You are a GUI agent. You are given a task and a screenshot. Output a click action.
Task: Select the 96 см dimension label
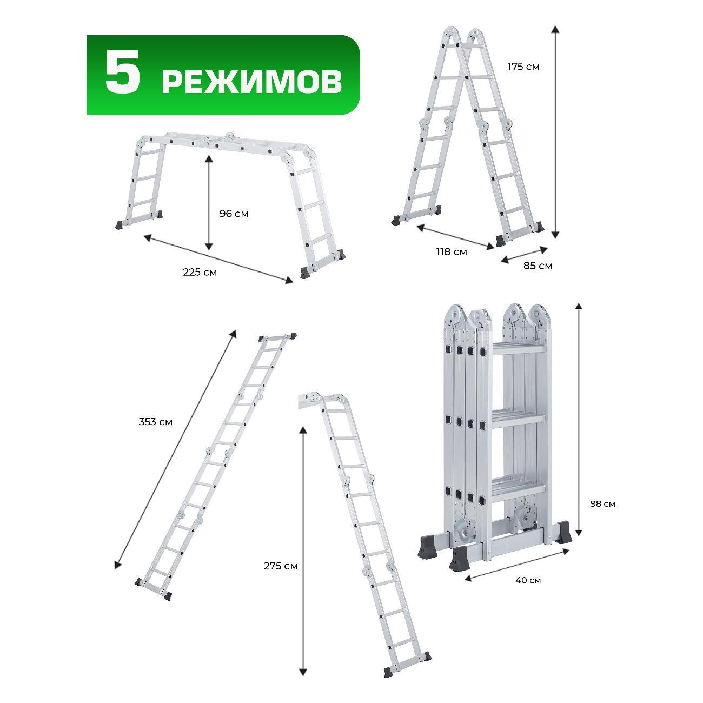click(x=234, y=214)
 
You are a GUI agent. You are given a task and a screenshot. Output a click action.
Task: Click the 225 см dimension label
click(x=200, y=272)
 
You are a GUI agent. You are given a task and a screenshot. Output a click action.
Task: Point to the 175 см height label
click(x=523, y=67)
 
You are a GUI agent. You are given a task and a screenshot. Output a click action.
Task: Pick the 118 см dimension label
click(x=452, y=251)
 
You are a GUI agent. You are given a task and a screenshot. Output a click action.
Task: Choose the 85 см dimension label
click(x=538, y=266)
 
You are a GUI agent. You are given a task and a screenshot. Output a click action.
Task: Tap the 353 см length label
click(x=155, y=422)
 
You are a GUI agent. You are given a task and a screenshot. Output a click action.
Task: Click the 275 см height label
click(x=281, y=566)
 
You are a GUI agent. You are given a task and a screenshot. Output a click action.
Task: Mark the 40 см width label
click(x=528, y=581)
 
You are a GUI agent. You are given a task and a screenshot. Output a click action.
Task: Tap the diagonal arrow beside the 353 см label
click(x=175, y=449)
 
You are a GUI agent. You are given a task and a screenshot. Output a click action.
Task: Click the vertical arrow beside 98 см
click(x=579, y=419)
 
